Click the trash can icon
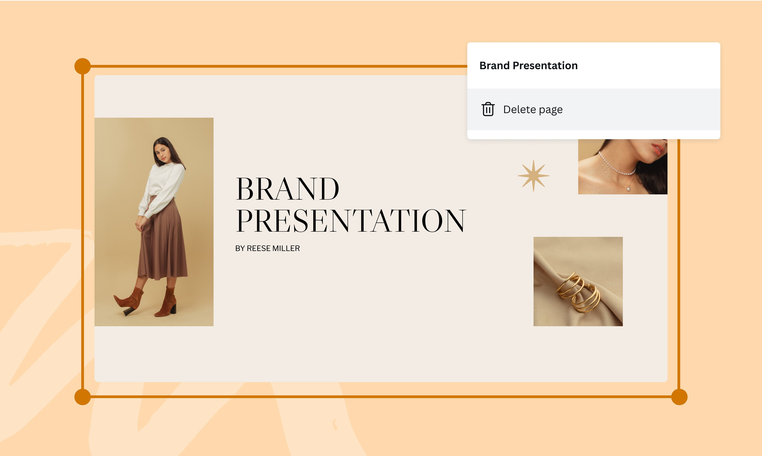488,109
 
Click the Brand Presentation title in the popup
528,66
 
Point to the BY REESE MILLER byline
267,248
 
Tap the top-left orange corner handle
83,66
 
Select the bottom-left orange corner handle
83,397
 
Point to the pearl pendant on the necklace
628,189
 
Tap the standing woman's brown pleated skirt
162,240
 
